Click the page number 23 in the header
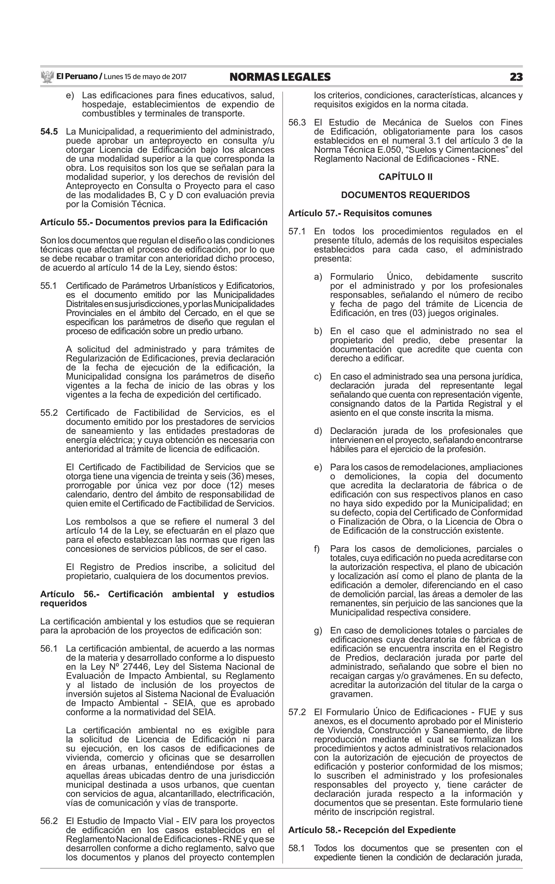(x=516, y=77)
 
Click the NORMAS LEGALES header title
(x=280, y=77)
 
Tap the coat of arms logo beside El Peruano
(x=47, y=77)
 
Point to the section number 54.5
(x=49, y=132)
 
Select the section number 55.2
(x=49, y=413)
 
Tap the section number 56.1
(x=49, y=649)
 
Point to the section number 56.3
(x=297, y=122)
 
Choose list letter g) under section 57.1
(x=318, y=631)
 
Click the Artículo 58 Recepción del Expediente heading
(x=372, y=830)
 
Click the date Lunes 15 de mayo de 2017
(x=145, y=77)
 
